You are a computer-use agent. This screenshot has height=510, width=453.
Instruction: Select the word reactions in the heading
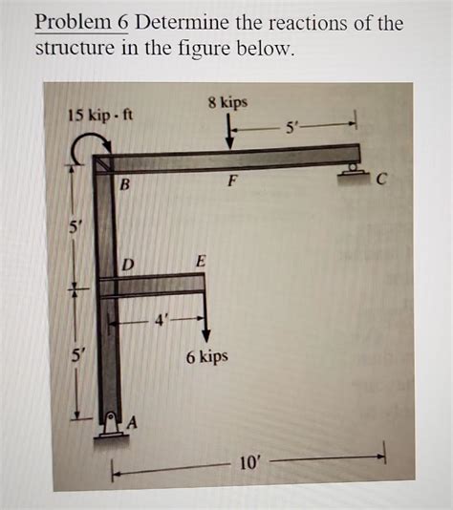tap(298, 23)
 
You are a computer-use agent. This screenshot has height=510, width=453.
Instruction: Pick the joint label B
tap(124, 185)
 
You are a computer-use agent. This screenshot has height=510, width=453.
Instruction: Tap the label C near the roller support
tap(381, 176)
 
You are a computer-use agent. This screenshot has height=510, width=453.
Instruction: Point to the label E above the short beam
tap(199, 261)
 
